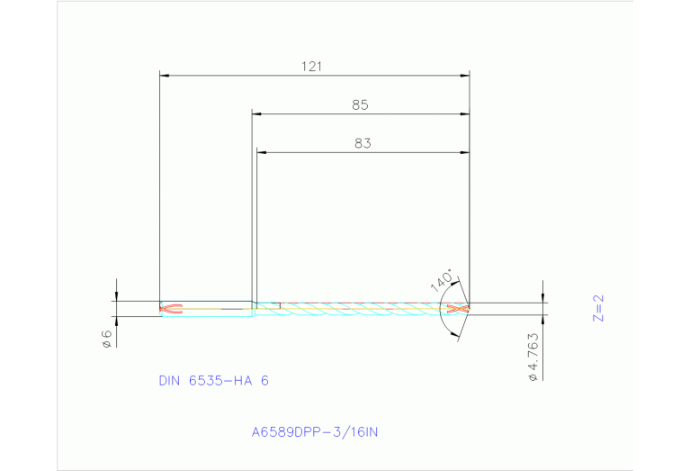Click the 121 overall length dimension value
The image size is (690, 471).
click(314, 66)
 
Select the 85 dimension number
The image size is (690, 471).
click(360, 104)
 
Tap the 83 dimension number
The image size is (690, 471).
click(362, 142)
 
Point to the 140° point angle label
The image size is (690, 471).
click(442, 279)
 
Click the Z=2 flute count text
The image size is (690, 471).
click(599, 306)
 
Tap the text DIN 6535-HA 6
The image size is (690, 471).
click(213, 381)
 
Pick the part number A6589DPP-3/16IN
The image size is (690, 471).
click(315, 432)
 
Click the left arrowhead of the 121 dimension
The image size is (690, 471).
click(164, 76)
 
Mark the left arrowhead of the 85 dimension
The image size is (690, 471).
click(255, 114)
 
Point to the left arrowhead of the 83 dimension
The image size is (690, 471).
click(261, 152)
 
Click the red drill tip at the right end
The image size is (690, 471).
click(459, 309)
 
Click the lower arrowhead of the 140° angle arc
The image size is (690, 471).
click(454, 337)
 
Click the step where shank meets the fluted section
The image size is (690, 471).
click(254, 306)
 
